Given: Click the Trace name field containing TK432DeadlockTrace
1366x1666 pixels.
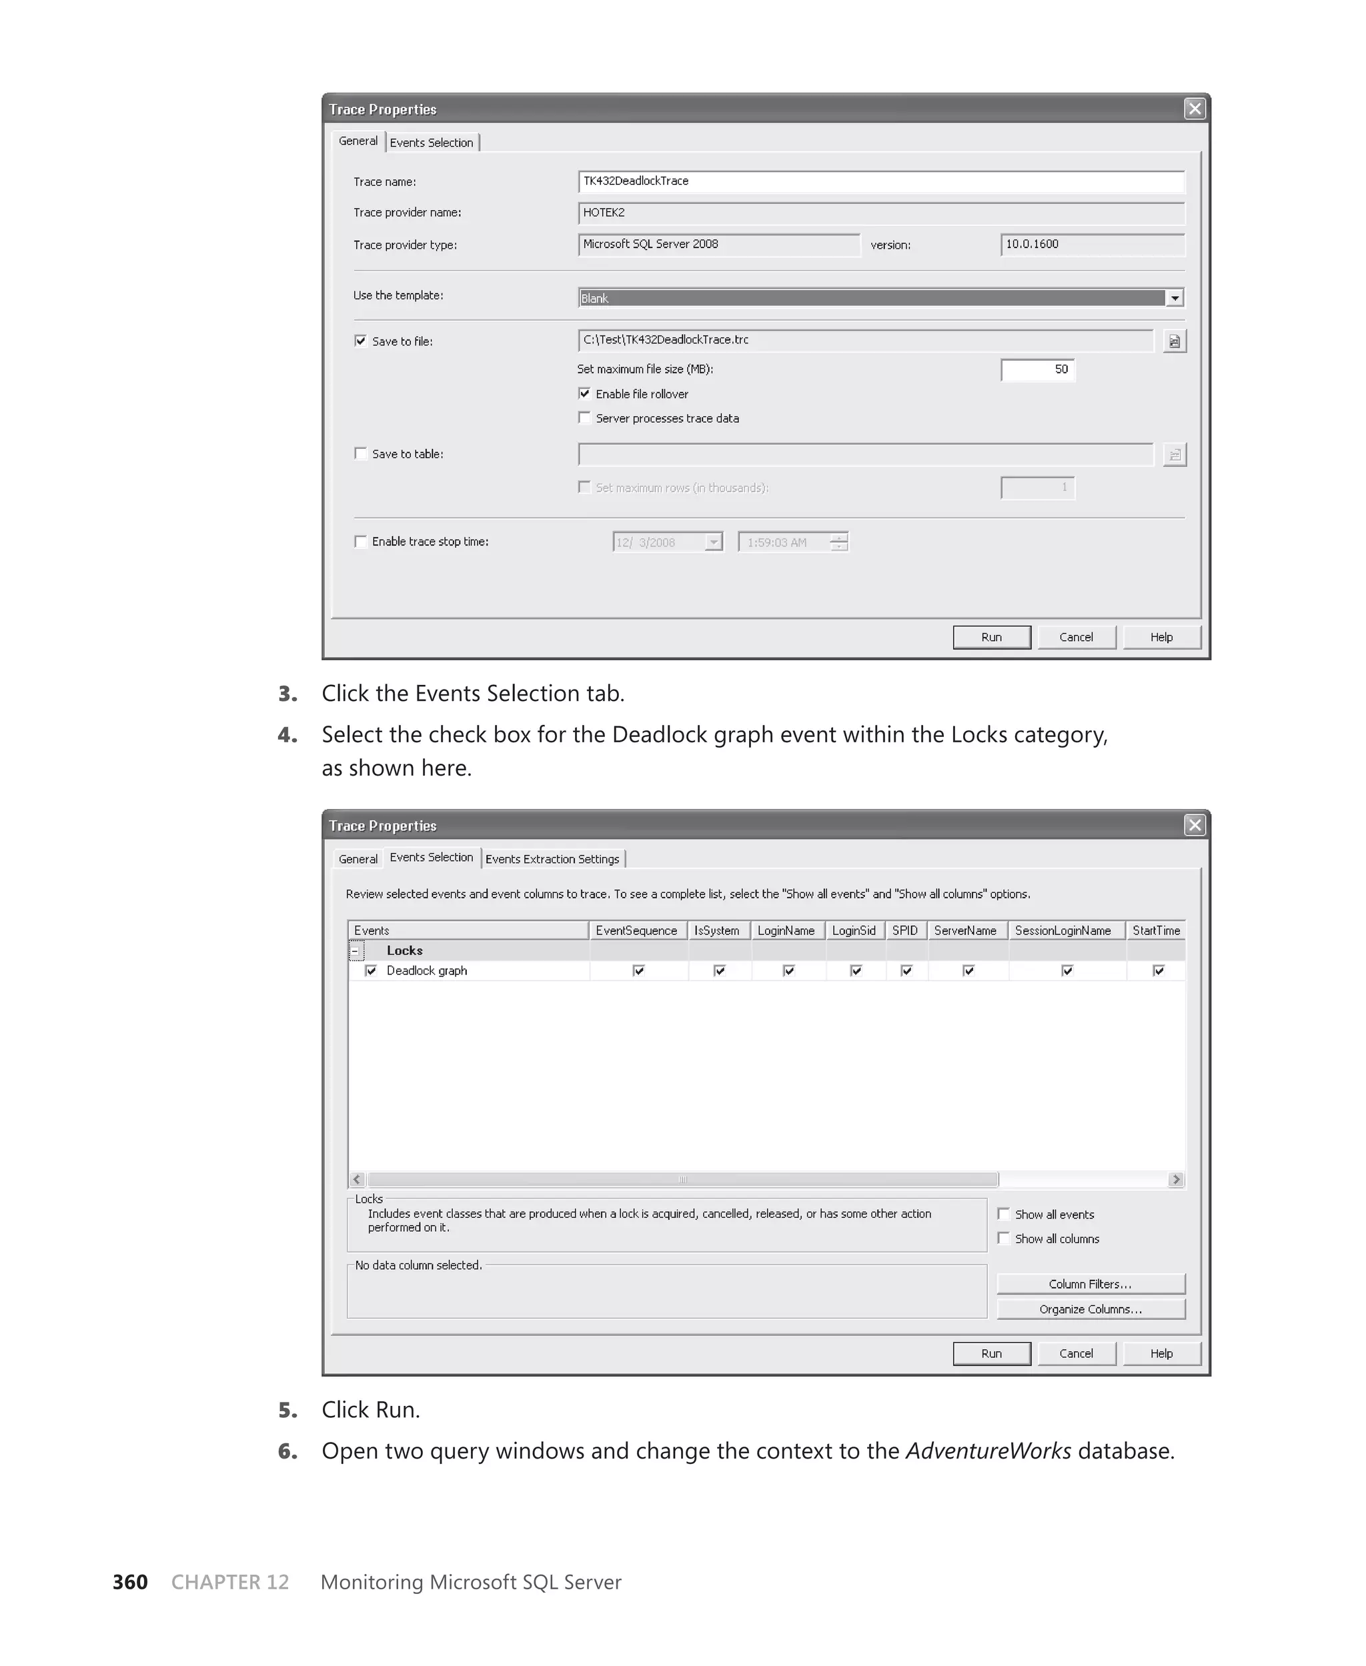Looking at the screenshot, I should [880, 181].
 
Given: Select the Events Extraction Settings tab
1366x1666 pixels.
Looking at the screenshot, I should [552, 859].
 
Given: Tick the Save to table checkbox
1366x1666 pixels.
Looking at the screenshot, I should [360, 454].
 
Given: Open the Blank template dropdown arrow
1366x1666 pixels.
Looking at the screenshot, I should [1174, 298].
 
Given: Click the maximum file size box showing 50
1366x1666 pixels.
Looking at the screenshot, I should [1037, 369].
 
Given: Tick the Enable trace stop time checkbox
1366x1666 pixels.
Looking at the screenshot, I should [360, 541].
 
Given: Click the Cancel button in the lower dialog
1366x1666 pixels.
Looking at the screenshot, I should [1076, 1353].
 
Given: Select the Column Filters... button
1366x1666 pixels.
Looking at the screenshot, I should [1090, 1284].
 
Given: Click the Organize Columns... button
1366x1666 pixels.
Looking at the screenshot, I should [1090, 1309].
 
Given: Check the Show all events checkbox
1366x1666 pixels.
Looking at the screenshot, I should [1003, 1214].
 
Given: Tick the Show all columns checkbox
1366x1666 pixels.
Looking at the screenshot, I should [1003, 1238].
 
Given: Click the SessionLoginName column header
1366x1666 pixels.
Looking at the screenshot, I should [1063, 930].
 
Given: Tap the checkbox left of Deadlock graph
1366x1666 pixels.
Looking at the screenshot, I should [371, 970].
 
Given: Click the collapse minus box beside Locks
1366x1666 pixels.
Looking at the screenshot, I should [356, 951].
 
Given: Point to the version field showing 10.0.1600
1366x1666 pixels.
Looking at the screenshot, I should [1091, 245].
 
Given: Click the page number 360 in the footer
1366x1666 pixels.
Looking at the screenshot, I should [130, 1582].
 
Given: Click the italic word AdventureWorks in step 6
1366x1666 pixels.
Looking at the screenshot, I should [988, 1451].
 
